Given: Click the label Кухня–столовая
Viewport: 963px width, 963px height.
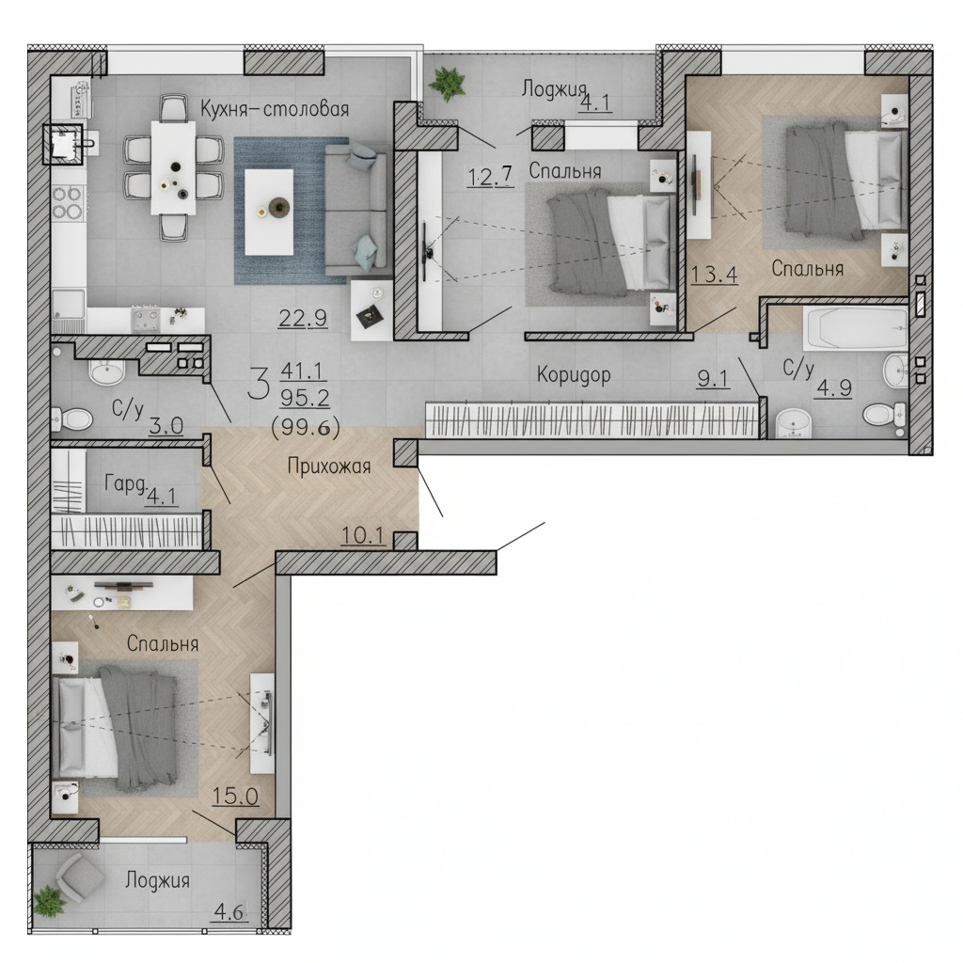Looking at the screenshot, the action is (x=275, y=109).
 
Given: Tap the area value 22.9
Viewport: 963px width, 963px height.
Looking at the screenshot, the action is (x=303, y=318).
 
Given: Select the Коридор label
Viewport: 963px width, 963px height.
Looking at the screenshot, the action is (x=574, y=374).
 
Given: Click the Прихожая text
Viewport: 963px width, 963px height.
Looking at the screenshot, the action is (x=329, y=466).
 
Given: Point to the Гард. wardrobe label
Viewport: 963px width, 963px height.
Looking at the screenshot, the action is (x=126, y=484).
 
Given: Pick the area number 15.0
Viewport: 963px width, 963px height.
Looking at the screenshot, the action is (x=235, y=796).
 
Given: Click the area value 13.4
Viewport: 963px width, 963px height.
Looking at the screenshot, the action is (x=715, y=274).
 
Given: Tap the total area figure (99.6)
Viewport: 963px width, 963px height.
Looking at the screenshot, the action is (x=306, y=426).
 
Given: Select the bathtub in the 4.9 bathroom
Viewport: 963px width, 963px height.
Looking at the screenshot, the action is (x=856, y=328).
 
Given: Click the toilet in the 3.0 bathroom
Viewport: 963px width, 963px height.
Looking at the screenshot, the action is (x=73, y=419).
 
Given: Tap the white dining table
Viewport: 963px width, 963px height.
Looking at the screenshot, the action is (x=173, y=167).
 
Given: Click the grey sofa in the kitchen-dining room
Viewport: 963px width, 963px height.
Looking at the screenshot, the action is (x=355, y=210).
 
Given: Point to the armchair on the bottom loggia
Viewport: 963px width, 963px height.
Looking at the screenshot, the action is (x=80, y=877).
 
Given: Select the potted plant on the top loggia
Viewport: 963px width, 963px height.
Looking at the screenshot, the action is (x=448, y=83).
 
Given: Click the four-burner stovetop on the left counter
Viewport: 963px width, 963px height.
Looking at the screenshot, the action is (x=67, y=203).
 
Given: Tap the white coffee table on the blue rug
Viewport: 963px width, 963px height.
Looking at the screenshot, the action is (x=269, y=212).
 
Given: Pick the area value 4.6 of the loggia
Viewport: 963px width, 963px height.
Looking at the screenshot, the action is (x=229, y=912).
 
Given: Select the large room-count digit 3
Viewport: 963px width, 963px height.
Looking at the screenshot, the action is (x=260, y=384).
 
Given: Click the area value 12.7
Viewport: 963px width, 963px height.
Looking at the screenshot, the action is (x=490, y=176).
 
